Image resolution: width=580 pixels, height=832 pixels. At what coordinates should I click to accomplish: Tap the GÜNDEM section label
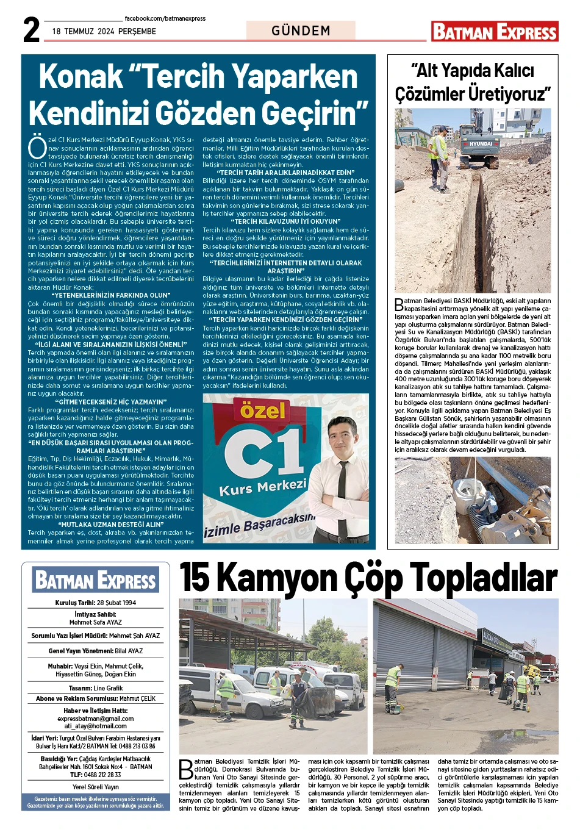[x=301, y=30]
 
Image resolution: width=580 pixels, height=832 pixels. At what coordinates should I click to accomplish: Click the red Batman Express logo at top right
[x=495, y=32]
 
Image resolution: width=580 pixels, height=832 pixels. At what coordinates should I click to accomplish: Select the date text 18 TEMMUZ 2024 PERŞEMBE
[x=104, y=31]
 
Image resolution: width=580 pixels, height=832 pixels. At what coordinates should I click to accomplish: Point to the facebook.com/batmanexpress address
[x=165, y=19]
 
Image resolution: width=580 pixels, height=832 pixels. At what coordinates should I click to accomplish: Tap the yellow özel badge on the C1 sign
[x=262, y=411]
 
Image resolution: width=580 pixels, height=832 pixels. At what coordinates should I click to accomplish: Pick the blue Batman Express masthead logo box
[x=96, y=580]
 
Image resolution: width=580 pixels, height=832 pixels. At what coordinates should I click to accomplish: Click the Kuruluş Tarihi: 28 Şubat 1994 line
[x=96, y=603]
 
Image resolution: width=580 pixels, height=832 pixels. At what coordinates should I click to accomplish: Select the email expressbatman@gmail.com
[x=96, y=719]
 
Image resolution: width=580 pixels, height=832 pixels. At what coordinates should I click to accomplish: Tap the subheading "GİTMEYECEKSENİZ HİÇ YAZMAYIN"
[x=110, y=402]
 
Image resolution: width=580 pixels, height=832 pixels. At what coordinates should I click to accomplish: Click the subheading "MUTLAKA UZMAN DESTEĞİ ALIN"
[x=110, y=524]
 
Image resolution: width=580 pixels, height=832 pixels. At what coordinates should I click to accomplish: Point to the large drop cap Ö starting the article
[x=37, y=146]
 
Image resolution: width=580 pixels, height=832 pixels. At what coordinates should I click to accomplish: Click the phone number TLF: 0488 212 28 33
[x=96, y=775]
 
